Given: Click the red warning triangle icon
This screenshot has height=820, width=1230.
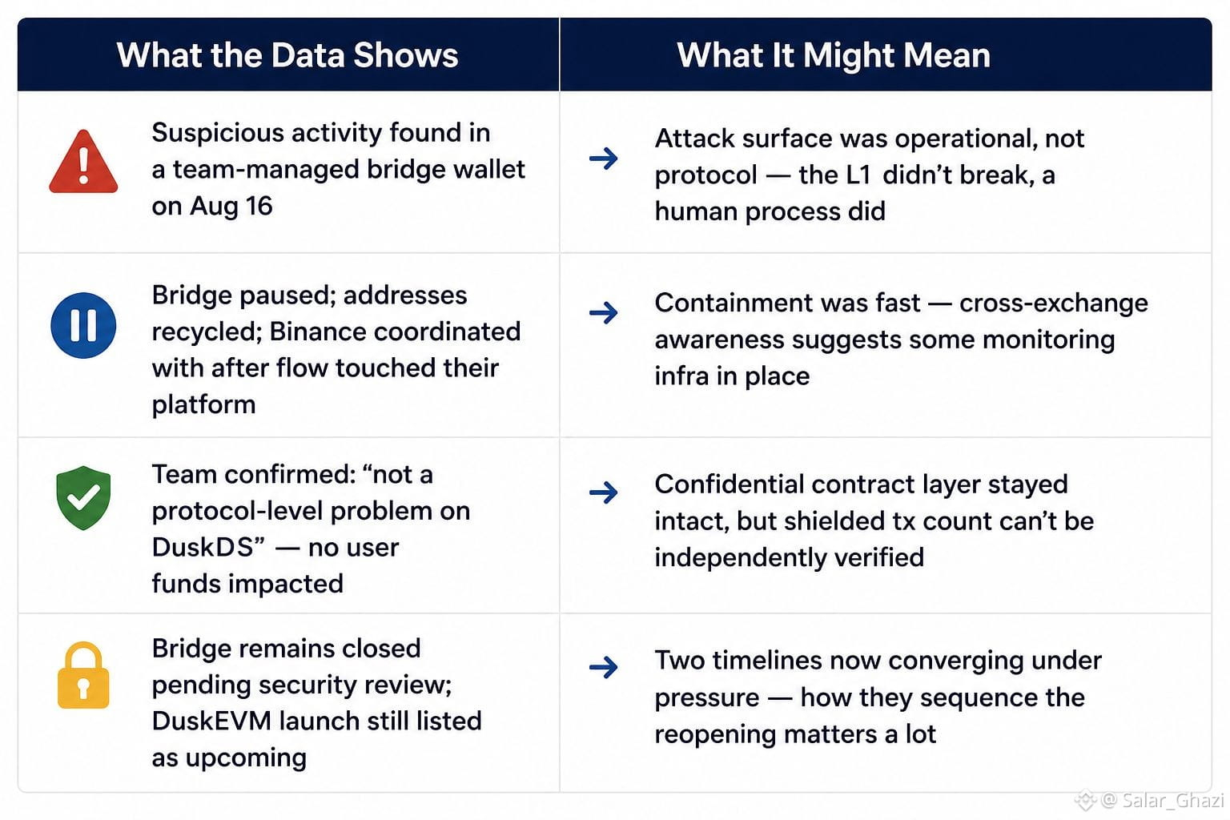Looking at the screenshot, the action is pos(83,162).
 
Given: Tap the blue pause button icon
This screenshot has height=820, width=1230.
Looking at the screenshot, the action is pos(83,325).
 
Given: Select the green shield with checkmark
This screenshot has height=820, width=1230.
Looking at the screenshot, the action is pos(83,497).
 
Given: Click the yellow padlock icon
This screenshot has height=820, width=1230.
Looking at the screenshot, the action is pos(83,675).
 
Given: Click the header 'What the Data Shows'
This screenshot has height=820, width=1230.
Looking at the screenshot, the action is pos(287,55).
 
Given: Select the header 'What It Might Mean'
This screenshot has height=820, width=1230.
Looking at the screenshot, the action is pos(834,55).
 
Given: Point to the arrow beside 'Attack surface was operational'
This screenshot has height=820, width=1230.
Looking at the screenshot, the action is pos(604,159).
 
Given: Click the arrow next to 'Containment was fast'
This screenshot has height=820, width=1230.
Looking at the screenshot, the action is pos(604,312).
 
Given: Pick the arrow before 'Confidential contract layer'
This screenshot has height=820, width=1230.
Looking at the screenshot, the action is pos(604,492).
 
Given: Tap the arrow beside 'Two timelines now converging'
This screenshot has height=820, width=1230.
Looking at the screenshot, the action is pos(604,667).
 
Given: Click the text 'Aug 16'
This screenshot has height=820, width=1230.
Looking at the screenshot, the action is pos(231,207).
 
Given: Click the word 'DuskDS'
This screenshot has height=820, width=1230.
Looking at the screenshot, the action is pos(202,547).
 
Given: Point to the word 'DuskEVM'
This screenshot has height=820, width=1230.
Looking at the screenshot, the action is pos(211,721).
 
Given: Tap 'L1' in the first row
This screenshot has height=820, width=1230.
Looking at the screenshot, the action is pos(858,175).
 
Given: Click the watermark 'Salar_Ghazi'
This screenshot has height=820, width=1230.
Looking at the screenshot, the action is pos(1172,800).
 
